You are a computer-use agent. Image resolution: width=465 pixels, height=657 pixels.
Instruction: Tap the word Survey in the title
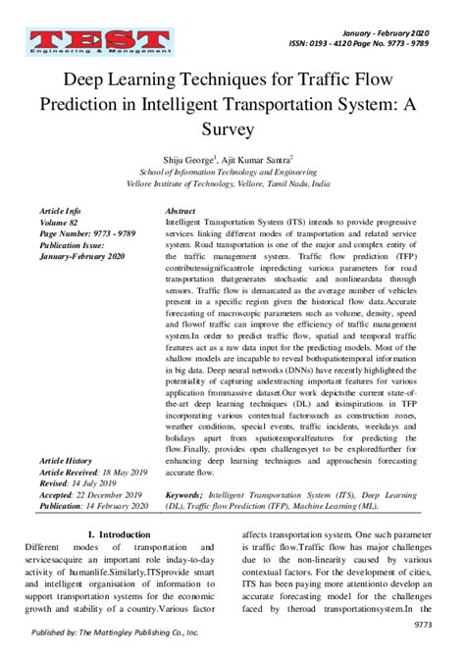click(x=232, y=127)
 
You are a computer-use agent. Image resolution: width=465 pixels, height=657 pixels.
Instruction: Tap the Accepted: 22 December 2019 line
click(x=91, y=495)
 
